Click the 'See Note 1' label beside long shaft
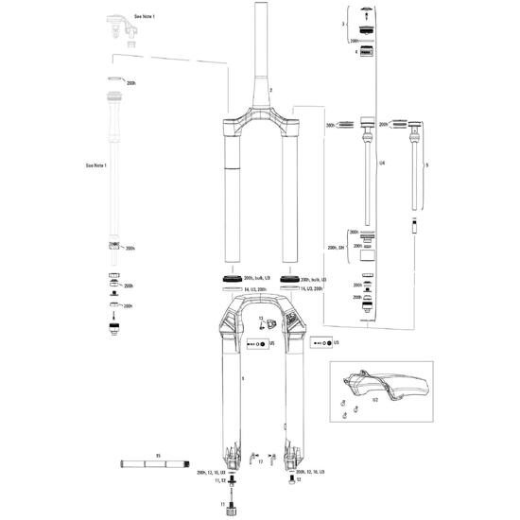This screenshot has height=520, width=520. click(x=96, y=165)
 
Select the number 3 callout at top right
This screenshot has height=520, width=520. click(x=342, y=21)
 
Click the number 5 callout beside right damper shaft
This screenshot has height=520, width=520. click(x=427, y=165)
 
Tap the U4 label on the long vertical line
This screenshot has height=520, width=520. click(x=382, y=165)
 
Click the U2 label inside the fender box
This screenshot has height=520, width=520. click(x=374, y=400)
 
